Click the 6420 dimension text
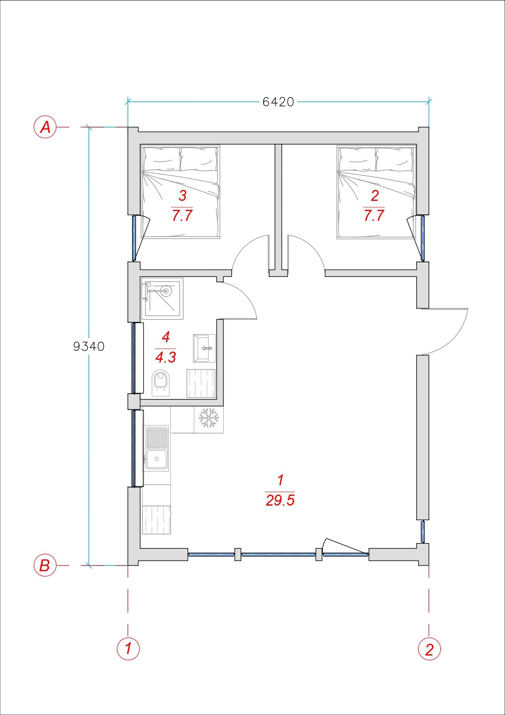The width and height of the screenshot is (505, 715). (278, 101)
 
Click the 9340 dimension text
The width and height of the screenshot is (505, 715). (89, 346)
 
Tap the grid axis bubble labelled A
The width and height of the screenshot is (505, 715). (45, 127)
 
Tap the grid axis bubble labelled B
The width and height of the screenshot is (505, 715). (45, 565)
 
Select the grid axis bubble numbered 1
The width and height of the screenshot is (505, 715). (128, 648)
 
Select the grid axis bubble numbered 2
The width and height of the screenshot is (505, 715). (429, 648)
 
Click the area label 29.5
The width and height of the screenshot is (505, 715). (280, 500)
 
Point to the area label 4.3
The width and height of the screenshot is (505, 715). (165, 357)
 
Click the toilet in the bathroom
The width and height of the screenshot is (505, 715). (161, 383)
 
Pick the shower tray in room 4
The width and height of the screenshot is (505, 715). (162, 298)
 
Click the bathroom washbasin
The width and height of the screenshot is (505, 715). (204, 348)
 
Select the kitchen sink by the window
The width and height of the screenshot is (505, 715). (156, 448)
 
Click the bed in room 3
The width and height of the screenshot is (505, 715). (180, 191)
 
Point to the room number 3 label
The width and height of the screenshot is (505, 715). (182, 196)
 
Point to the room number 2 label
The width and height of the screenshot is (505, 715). (375, 196)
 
